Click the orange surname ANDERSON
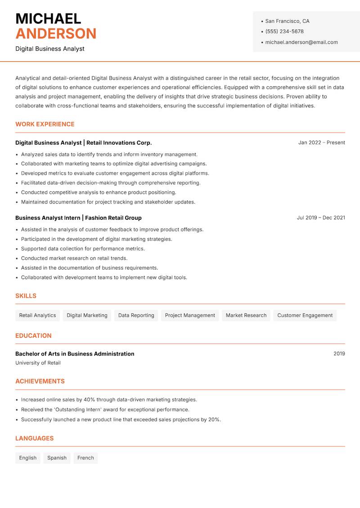56,34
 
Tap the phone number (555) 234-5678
284,31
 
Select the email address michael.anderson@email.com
301,42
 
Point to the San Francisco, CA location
287,21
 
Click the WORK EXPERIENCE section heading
45,124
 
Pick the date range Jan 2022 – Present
321,143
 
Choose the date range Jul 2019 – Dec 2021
321,218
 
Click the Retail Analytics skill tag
37,316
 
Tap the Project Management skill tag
190,316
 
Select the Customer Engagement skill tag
305,316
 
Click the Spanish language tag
57,458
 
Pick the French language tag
85,458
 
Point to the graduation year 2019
339,354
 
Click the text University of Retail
38,363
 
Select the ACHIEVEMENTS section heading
40,381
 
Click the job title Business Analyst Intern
48,218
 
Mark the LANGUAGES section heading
34,438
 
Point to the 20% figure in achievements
214,420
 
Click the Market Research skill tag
246,316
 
